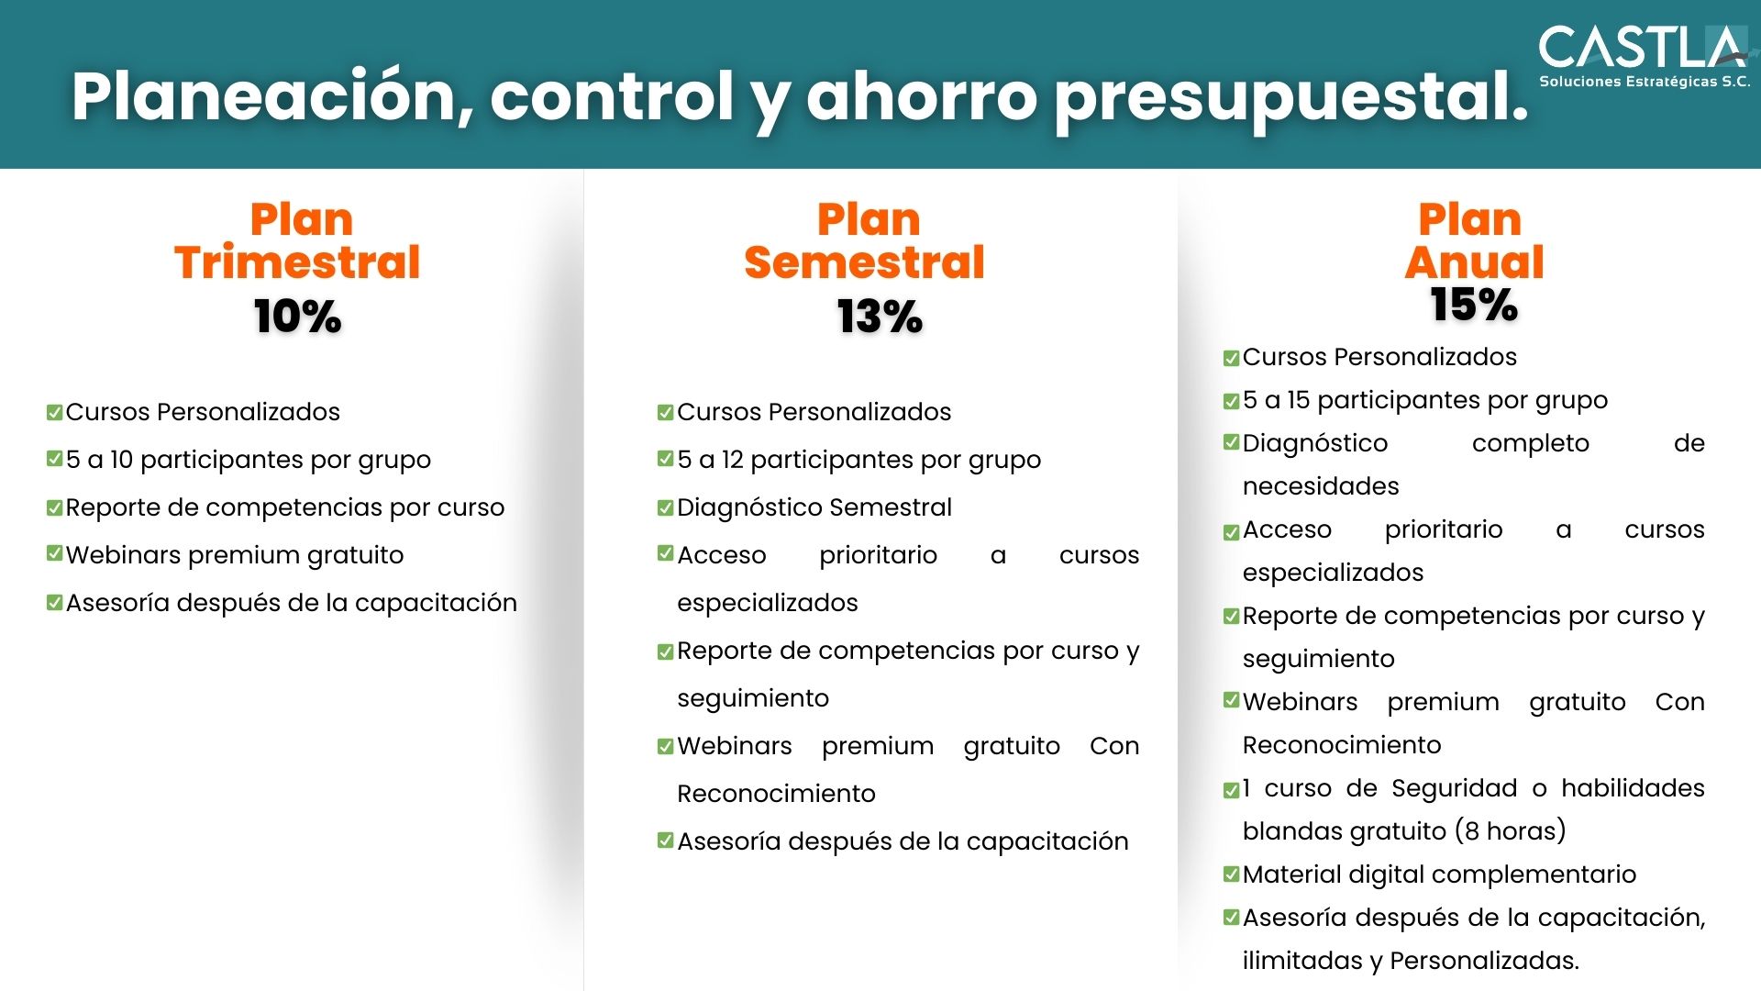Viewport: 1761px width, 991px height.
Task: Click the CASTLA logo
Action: pyautogui.click(x=1644, y=56)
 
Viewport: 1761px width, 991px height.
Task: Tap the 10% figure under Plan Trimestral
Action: pyautogui.click(x=297, y=317)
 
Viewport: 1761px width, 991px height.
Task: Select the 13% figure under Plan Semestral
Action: pyautogui.click(x=880, y=317)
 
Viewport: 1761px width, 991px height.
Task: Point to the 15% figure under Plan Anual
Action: pyautogui.click(x=1474, y=305)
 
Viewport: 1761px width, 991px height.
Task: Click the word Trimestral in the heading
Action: pyautogui.click(x=297, y=262)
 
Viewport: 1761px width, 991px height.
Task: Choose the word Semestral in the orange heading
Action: pyautogui.click(x=864, y=262)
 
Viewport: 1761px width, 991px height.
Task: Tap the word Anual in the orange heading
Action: pyautogui.click(x=1474, y=262)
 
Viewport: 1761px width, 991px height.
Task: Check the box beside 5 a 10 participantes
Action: pyautogui.click(x=55, y=458)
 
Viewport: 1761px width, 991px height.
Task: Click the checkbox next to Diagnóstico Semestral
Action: pyautogui.click(x=666, y=507)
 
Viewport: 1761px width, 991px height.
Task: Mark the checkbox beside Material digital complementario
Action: pyautogui.click(x=1232, y=874)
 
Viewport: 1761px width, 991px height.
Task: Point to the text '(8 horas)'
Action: pyautogui.click(x=1511, y=831)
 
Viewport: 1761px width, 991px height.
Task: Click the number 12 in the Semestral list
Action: pyautogui.click(x=732, y=460)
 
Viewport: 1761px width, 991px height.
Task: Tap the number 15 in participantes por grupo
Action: pyautogui.click(x=1298, y=400)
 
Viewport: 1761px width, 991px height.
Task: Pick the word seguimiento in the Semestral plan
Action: pyautogui.click(x=753, y=699)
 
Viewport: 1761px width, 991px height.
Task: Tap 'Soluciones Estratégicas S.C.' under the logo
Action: pyautogui.click(x=1645, y=82)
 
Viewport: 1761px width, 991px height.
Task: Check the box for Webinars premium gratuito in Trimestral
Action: pyautogui.click(x=55, y=553)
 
